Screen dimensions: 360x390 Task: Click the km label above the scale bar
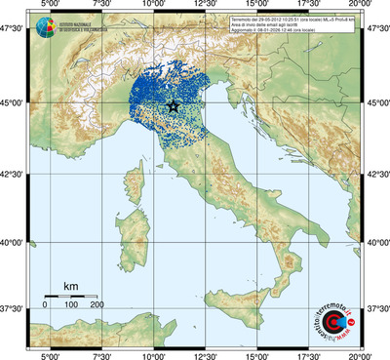point(71,286)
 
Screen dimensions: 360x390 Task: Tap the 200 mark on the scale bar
point(97,305)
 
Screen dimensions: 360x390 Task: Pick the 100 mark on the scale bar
point(71,305)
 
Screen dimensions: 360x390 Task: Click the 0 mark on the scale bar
point(46,305)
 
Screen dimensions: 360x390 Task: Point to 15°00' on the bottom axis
point(257,354)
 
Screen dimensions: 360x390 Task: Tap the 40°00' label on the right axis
point(376,242)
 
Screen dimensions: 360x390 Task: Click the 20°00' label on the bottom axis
point(362,354)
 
